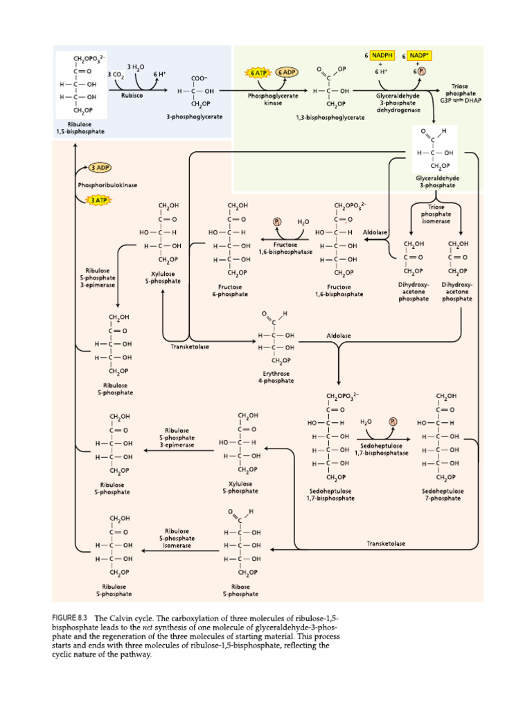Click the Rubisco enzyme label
coord(132,96)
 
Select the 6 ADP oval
coord(287,72)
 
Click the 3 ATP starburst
coord(98,200)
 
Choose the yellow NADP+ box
coord(421,54)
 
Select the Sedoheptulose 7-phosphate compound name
coord(443,495)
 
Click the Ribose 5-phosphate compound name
coord(240,590)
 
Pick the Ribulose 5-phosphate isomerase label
coord(177,538)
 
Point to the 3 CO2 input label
coord(114,73)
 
